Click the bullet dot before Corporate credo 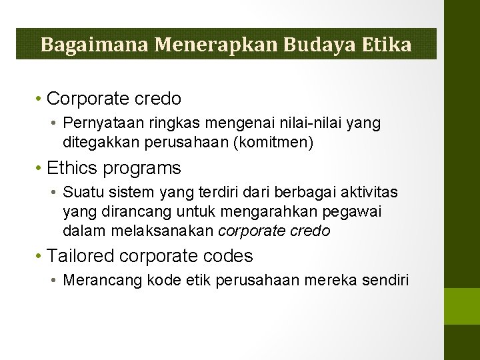click(x=40, y=99)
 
